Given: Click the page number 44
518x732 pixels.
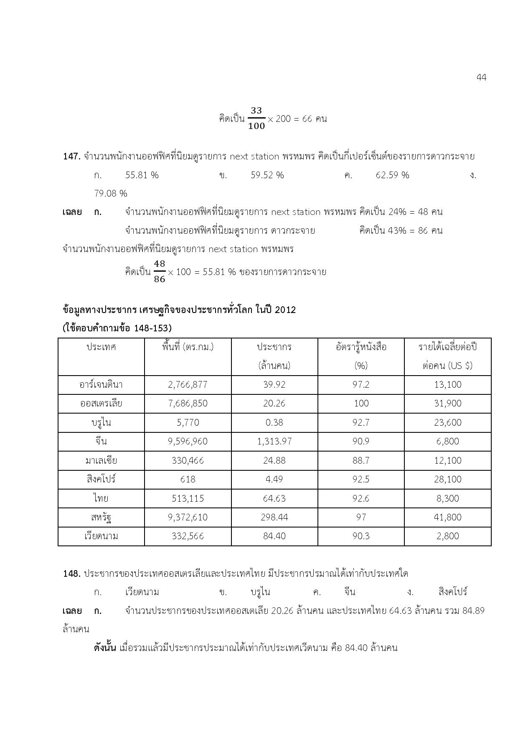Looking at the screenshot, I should [x=481, y=78].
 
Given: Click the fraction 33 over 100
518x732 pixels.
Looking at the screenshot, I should [x=256, y=119].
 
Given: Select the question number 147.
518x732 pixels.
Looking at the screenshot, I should [x=71, y=156].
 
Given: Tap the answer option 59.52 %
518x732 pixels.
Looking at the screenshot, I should [x=267, y=175].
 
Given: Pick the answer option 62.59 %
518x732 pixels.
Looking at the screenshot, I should [x=392, y=175].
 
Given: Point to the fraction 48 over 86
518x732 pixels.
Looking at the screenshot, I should [x=160, y=272].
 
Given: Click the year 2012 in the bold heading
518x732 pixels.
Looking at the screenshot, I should [x=285, y=310].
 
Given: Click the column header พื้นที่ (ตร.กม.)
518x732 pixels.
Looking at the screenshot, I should [x=188, y=347].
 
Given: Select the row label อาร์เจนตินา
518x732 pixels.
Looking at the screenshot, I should [x=101, y=384].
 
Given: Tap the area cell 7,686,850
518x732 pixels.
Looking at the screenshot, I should [x=188, y=404].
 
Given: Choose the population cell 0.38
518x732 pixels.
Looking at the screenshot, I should [x=274, y=422].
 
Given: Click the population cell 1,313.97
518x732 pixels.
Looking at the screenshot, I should [x=274, y=442].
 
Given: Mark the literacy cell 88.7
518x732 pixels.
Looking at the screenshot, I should [x=361, y=460].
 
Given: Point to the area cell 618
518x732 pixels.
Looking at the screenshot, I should [x=188, y=479].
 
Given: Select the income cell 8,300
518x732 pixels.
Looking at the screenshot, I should [x=447, y=498].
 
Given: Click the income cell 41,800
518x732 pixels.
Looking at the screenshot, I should [x=447, y=517].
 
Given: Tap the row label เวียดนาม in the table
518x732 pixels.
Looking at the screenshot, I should [x=101, y=536].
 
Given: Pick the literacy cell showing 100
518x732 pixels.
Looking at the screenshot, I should [x=361, y=404].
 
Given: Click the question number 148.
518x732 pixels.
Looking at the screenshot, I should [x=71, y=574].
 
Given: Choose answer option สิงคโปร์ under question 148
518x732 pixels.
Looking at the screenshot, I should [x=453, y=592].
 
